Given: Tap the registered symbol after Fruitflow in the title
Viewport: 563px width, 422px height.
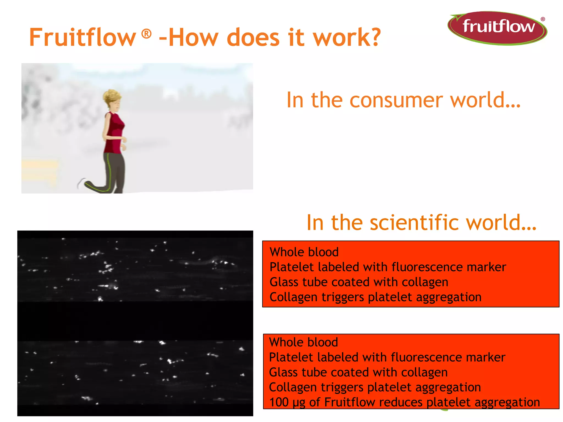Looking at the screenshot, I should (146, 34).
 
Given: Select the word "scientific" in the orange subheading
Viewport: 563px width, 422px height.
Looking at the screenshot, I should (415, 223).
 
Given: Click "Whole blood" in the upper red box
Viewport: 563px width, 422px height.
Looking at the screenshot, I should (304, 252).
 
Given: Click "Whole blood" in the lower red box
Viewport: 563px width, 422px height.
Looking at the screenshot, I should (303, 342).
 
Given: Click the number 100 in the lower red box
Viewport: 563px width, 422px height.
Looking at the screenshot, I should (279, 402).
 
